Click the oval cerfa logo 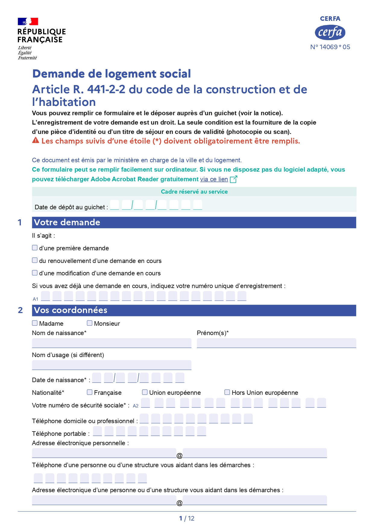(x=330, y=33)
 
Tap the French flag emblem (x=28, y=21)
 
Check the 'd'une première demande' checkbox (x=35, y=248)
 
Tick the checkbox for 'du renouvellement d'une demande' (x=35, y=260)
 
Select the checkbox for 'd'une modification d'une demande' (x=35, y=273)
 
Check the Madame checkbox (x=35, y=323)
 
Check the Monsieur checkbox (x=90, y=323)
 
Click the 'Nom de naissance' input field (x=112, y=343)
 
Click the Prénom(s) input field (x=276, y=343)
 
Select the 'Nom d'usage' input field (x=112, y=365)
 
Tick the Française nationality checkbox (x=90, y=392)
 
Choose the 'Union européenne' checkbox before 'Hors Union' (x=145, y=392)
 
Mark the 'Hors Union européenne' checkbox (x=227, y=392)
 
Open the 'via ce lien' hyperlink (x=214, y=179)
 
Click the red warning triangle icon (x=36, y=140)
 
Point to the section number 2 (x=20, y=310)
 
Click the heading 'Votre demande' (x=67, y=222)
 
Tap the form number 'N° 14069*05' (x=330, y=47)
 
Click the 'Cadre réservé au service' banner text (x=194, y=192)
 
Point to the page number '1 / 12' (x=187, y=518)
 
